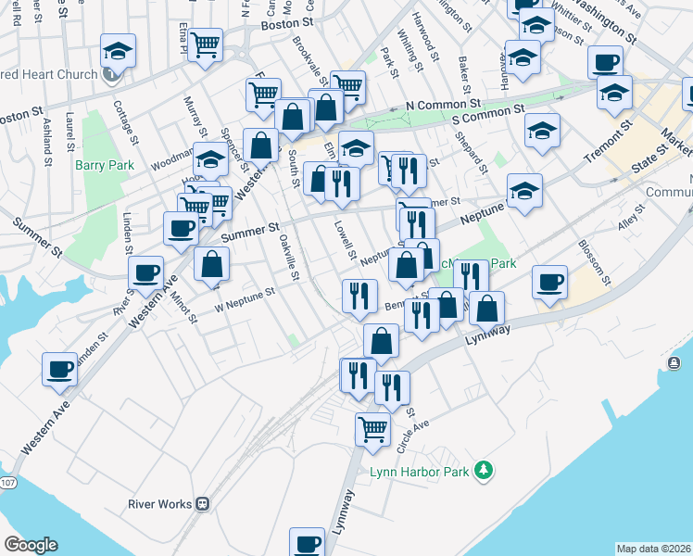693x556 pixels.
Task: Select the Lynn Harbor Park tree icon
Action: [482, 472]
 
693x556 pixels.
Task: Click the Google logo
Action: [31, 545]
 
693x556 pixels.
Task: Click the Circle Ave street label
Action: [413, 432]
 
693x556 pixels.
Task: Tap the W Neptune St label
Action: [246, 298]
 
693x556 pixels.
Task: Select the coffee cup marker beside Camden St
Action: [60, 368]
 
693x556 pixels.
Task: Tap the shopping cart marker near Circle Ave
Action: [372, 429]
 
